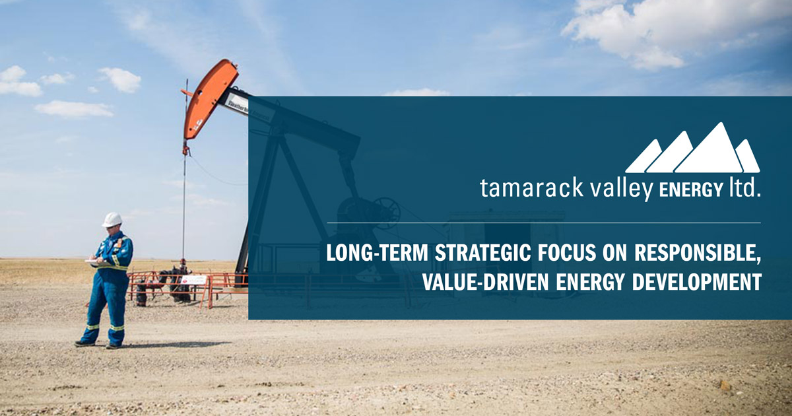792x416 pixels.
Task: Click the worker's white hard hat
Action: (112, 220)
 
